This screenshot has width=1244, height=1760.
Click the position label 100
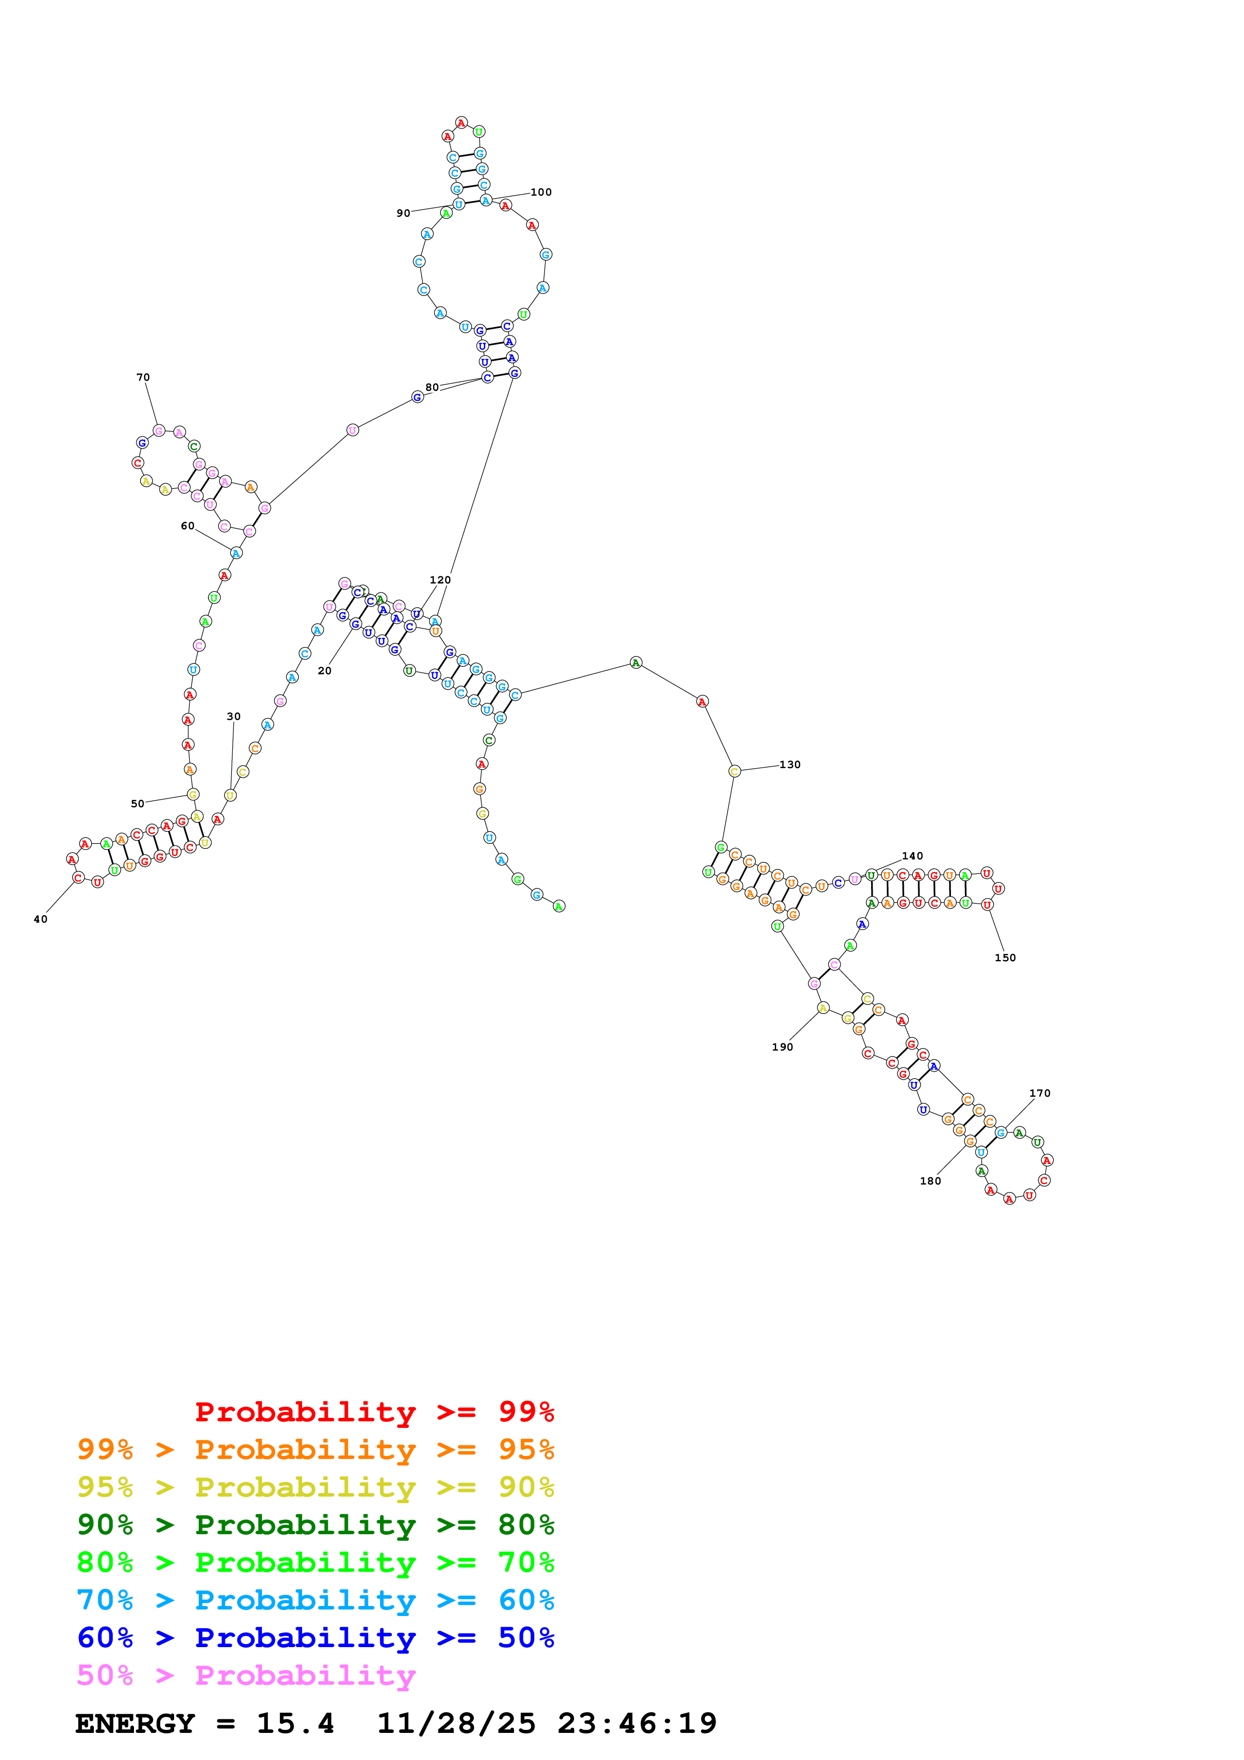coord(540,192)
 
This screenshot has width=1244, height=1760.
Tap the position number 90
coord(403,213)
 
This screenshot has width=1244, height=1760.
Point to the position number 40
coord(41,919)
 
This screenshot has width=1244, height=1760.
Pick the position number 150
coord(1005,957)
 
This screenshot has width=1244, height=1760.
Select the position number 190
coord(782,1047)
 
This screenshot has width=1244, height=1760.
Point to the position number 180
coord(930,1181)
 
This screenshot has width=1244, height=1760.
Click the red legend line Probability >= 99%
coord(374,1412)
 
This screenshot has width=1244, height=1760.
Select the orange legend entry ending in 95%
coord(315,1449)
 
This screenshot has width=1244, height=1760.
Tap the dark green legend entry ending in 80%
coord(315,1525)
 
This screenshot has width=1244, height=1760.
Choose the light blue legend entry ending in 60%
coord(315,1600)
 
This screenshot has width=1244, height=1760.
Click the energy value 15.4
coord(295,1723)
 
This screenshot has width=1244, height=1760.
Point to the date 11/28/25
coord(456,1723)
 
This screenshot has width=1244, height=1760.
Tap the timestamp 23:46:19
coord(637,1723)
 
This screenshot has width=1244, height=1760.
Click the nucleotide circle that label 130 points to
coord(734,771)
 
